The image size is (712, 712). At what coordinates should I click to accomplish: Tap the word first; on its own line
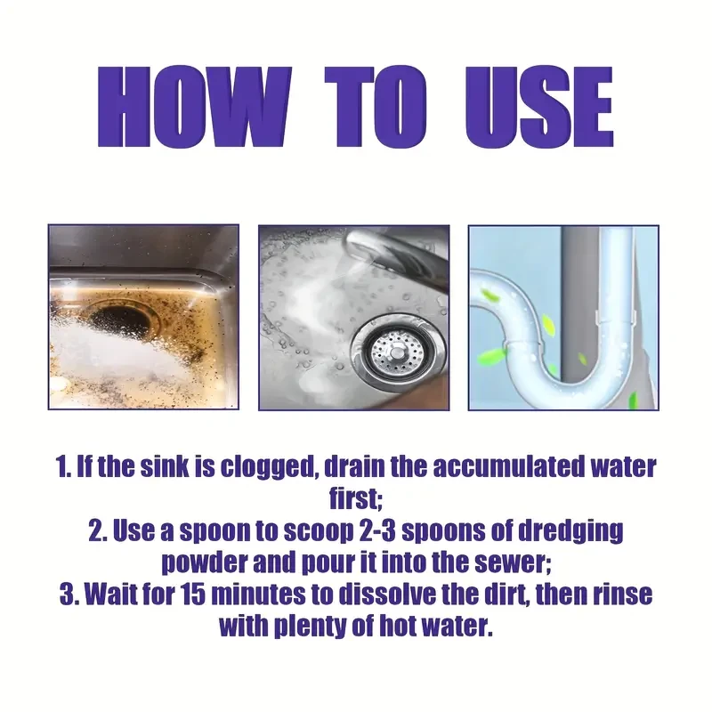[356, 498]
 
